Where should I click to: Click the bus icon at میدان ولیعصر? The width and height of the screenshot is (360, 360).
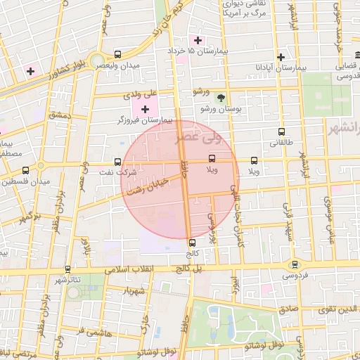[117, 55]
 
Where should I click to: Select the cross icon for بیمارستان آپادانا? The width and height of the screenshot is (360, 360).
[281, 57]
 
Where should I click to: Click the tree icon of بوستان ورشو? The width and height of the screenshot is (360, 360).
[221, 98]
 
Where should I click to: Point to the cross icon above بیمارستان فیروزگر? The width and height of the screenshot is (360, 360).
[146, 109]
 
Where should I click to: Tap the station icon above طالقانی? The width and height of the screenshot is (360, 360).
[282, 131]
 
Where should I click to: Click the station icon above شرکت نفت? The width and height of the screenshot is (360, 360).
[117, 162]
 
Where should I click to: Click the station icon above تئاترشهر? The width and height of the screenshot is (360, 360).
[67, 269]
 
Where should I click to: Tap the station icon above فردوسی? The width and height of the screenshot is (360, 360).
[295, 264]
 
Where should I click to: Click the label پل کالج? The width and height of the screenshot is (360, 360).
[188, 268]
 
